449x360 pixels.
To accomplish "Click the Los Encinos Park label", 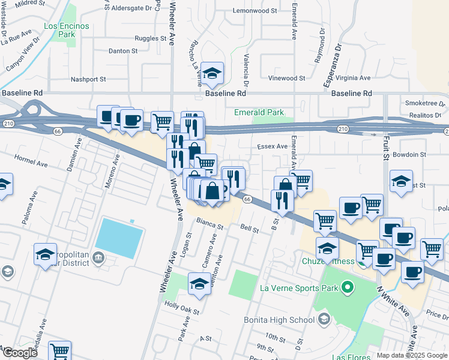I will coord(67,30).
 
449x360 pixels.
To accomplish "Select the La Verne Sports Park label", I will coord(298,287).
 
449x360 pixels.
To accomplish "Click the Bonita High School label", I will coord(279,319).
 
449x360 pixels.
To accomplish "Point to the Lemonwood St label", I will coord(255,11).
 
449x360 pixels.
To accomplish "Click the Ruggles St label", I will coord(151,38).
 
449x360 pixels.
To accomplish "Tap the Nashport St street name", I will coord(88,79).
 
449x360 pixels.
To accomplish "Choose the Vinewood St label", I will coord(286,78).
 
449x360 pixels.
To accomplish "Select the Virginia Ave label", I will coord(353,78).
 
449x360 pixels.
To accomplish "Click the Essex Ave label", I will coord(273,146).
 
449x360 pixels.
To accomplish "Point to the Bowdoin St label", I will coord(411,154).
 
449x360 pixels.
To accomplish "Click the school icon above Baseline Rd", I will coord(212,74).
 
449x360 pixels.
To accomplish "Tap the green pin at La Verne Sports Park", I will coord(346,287).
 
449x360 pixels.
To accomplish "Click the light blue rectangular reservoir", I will coord(119,238).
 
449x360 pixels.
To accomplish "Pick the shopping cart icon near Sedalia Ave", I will coord(59,351).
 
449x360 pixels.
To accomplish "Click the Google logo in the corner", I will coord(20,353).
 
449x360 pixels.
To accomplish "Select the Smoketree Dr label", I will coord(423,103).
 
